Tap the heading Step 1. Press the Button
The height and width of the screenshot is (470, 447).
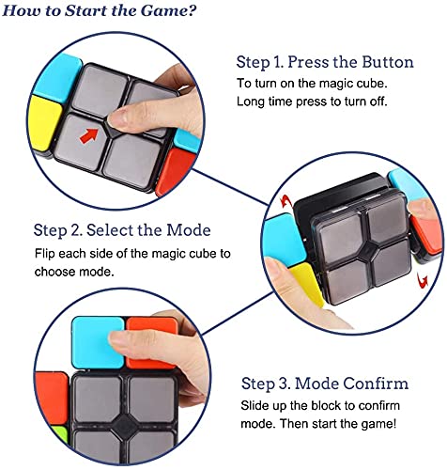tap(325, 63)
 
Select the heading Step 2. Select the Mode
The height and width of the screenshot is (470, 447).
tap(122, 230)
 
